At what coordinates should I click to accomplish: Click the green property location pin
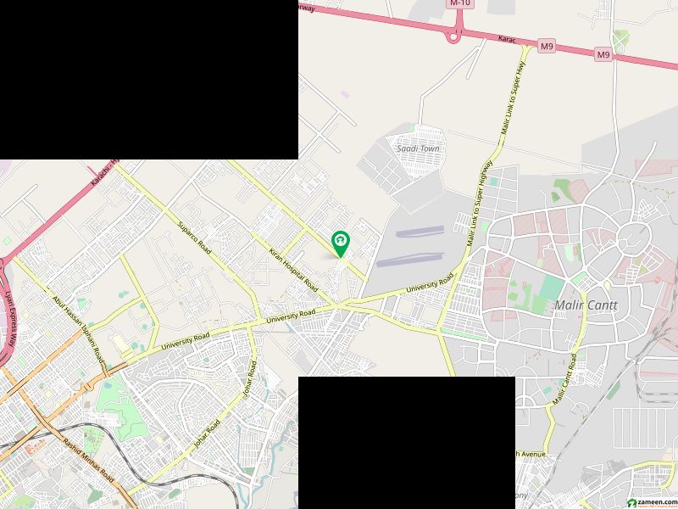[340, 244]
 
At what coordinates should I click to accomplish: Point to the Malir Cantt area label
[586, 305]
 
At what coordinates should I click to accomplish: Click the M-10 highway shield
[459, 3]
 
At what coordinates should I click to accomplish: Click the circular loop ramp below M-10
[454, 36]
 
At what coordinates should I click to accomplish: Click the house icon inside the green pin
[340, 241]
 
